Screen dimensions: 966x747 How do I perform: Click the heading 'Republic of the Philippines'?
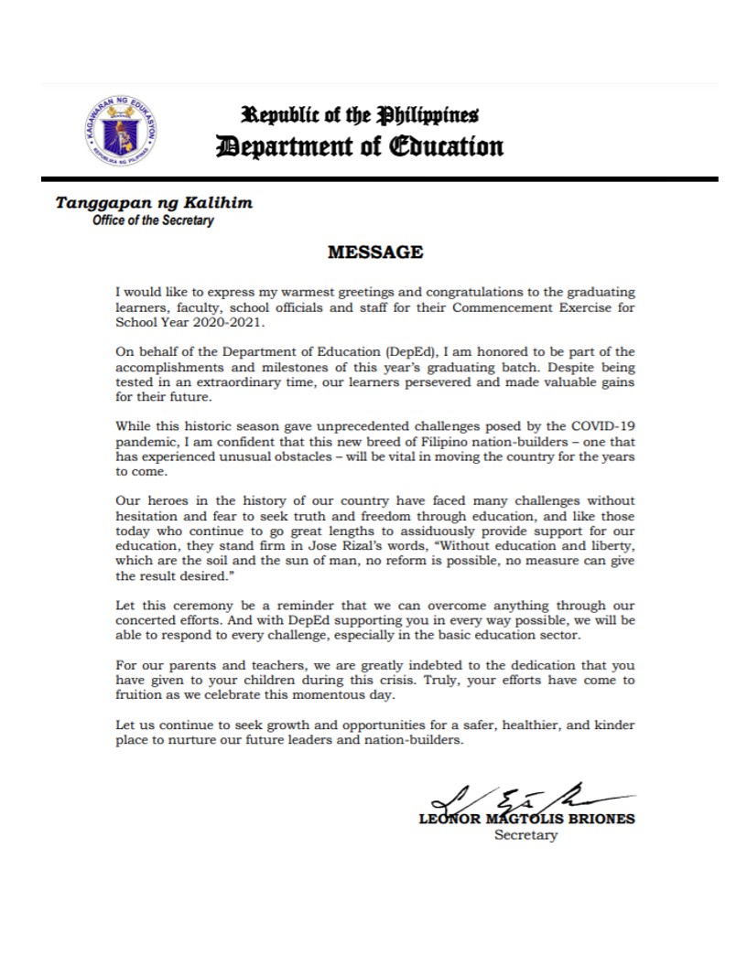[360, 115]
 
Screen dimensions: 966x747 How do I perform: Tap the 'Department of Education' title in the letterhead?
[359, 146]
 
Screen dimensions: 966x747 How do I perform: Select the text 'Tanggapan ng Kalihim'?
[154, 202]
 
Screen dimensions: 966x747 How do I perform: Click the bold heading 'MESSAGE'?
[375, 252]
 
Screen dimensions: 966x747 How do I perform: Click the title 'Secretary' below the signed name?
[525, 836]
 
